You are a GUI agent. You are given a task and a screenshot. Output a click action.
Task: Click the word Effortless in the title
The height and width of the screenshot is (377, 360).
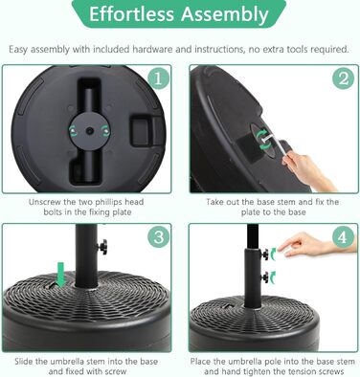point(132,14)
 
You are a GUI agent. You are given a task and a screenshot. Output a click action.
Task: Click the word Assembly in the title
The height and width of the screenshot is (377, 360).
point(225,14)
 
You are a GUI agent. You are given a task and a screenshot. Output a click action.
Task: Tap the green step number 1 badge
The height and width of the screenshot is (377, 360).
point(158,78)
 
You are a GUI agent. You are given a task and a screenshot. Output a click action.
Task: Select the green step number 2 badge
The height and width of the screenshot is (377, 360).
point(343,78)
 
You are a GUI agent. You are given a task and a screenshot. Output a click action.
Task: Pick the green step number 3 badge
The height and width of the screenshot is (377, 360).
point(159,237)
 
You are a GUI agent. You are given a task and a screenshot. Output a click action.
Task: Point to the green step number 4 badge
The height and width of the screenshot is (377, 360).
point(343,237)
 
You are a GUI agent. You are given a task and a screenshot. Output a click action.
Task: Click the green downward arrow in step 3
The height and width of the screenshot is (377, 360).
point(60,274)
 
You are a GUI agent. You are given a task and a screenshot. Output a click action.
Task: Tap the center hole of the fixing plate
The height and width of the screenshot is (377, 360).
point(90,130)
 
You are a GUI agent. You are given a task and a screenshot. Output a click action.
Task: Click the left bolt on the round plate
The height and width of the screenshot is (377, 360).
point(73,130)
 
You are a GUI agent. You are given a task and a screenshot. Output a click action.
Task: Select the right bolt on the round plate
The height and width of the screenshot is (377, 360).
point(105,130)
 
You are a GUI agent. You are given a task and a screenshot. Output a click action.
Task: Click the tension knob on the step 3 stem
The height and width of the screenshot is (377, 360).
point(102,247)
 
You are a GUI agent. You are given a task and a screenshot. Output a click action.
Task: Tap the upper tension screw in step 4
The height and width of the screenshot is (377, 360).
point(265,255)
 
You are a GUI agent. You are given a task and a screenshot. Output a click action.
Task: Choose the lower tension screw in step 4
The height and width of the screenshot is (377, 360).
point(265,277)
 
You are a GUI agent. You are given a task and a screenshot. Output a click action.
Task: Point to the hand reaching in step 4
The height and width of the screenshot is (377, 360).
point(315,245)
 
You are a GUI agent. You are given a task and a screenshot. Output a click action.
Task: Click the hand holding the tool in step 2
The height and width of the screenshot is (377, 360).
point(308,171)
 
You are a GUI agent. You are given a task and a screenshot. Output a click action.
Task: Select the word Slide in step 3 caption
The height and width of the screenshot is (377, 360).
point(24,362)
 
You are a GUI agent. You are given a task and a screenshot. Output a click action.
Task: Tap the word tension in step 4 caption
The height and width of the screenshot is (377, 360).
point(304,371)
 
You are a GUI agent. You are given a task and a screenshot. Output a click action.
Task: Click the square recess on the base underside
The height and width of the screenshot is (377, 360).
point(145,130)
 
